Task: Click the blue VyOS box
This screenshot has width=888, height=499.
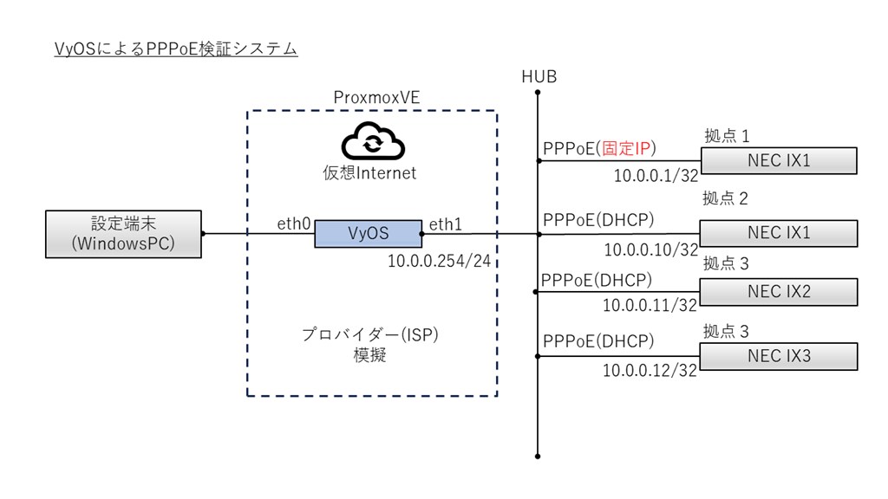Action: [368, 233]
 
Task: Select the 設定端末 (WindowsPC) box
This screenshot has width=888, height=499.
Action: [123, 233]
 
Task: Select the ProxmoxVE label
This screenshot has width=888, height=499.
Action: [376, 97]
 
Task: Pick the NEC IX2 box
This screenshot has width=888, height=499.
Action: [778, 292]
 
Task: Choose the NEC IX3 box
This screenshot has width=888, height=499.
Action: [778, 356]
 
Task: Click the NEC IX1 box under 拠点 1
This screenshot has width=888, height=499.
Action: [778, 160]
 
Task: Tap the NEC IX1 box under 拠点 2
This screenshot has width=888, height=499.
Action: [778, 233]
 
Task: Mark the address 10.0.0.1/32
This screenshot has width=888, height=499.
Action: [656, 178]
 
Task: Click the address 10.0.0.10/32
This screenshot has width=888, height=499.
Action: [651, 249]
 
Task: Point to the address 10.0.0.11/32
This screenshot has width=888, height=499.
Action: [650, 305]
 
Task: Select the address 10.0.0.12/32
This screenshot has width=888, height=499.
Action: [650, 371]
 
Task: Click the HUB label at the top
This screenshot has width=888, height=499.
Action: [539, 77]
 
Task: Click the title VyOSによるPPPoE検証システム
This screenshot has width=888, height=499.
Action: [175, 49]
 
